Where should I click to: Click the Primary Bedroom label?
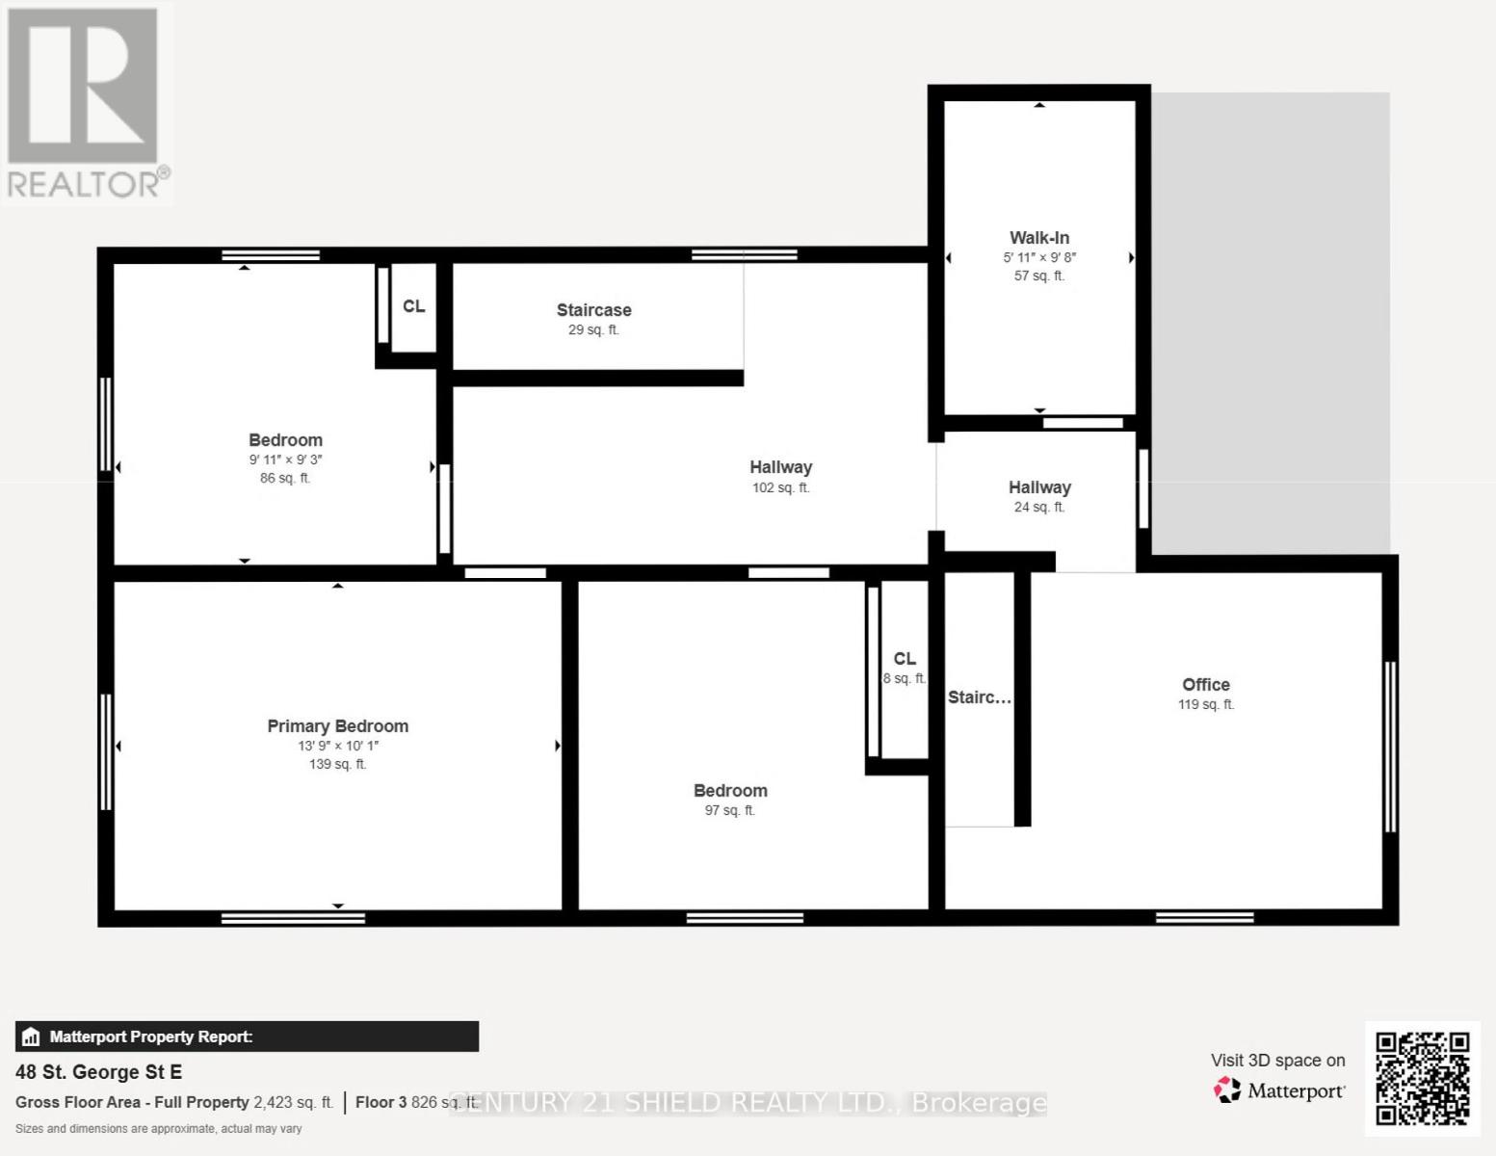[337, 726]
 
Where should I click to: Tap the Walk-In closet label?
[1038, 238]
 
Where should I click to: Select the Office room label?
[1205, 685]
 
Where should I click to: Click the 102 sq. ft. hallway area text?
[780, 488]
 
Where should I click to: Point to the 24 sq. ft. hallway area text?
[1038, 508]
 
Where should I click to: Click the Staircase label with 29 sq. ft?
[593, 310]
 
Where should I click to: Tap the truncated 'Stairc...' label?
[979, 697]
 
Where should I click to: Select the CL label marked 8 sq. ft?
[904, 659]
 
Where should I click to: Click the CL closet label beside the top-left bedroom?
[413, 306]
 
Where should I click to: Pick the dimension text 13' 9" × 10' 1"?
[337, 746]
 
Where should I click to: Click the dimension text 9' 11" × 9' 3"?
[285, 460]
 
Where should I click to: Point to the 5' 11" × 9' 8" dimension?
[1038, 257]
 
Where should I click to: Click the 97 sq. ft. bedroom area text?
[729, 811]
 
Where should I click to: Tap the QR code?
[1422, 1078]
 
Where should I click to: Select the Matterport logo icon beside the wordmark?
[1226, 1090]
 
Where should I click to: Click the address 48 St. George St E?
[98, 1072]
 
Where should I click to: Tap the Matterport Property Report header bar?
[247, 1037]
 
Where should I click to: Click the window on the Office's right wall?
[1389, 747]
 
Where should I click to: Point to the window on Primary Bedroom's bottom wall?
[293, 918]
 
